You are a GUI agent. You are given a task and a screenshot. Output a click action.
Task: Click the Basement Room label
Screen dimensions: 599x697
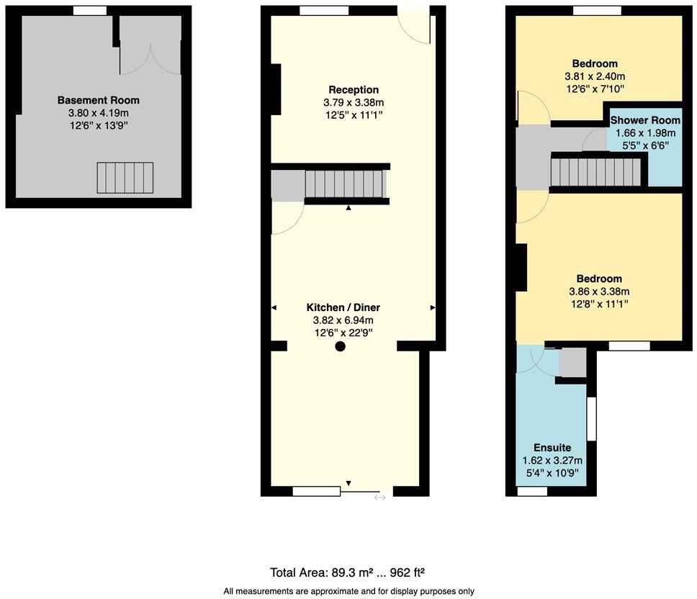(99, 100)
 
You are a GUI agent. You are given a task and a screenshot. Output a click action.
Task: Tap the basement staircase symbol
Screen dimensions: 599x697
(125, 178)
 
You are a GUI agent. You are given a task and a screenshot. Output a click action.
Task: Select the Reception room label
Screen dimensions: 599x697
(354, 90)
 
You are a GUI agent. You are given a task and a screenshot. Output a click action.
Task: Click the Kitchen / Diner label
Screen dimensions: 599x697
(342, 307)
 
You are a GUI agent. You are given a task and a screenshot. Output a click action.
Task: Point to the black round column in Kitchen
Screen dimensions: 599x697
(341, 346)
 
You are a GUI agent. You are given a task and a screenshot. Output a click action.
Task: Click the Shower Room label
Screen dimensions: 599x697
(645, 120)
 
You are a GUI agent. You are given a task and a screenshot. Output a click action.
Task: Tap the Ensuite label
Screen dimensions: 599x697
(552, 448)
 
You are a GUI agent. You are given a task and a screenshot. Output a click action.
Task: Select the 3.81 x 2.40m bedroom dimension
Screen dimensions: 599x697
(595, 76)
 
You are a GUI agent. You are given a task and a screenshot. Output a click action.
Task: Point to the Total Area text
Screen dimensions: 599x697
(347, 573)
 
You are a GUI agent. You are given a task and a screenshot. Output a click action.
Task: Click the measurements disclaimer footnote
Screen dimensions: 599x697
(348, 591)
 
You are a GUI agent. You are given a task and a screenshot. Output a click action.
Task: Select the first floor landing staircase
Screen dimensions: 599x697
(595, 172)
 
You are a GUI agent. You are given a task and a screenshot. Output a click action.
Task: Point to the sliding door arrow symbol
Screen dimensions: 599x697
(379, 497)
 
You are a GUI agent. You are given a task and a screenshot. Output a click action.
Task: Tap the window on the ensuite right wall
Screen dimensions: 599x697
(591, 419)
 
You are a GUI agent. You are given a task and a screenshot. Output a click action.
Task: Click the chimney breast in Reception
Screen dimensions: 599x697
(274, 89)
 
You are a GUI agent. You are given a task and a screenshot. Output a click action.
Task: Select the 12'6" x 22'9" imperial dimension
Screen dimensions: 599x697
(342, 333)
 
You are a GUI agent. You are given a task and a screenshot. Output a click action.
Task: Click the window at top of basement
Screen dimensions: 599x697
(90, 10)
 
